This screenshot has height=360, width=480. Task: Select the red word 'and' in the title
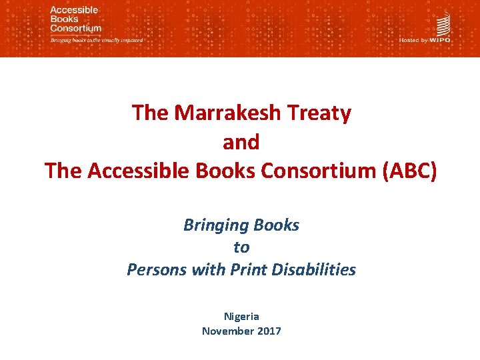pyautogui.click(x=241, y=142)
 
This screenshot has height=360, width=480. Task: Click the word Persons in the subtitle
pyautogui.click(x=155, y=270)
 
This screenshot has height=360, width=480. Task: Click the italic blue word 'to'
pyautogui.click(x=241, y=247)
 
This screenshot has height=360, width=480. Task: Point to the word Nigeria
pyautogui.click(x=241, y=316)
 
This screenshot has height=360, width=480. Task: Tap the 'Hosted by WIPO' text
pyautogui.click(x=425, y=40)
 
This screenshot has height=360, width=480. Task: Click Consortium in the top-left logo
pyautogui.click(x=75, y=29)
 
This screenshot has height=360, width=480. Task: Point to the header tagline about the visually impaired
pyautogui.click(x=97, y=40)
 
